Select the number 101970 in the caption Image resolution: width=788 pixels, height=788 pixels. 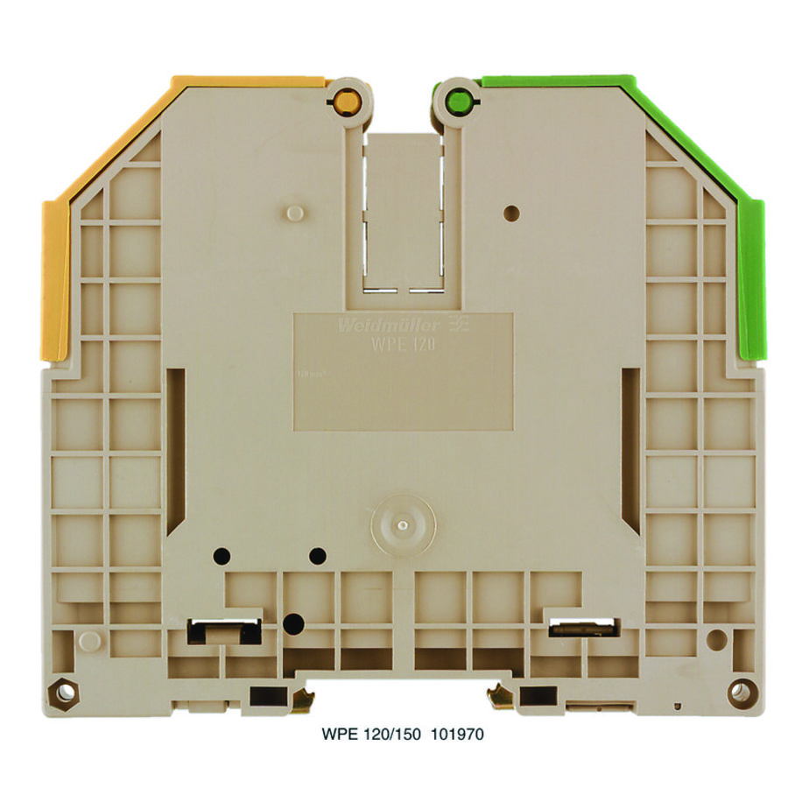[x=456, y=735]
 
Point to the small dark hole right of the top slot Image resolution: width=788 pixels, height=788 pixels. [x=512, y=213]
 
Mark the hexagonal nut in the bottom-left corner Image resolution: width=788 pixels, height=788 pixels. [x=63, y=692]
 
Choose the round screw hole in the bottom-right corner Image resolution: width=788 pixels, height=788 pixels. [x=741, y=691]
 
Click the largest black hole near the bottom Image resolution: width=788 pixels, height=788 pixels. [x=293, y=623]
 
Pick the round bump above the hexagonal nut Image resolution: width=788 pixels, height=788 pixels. [x=87, y=640]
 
